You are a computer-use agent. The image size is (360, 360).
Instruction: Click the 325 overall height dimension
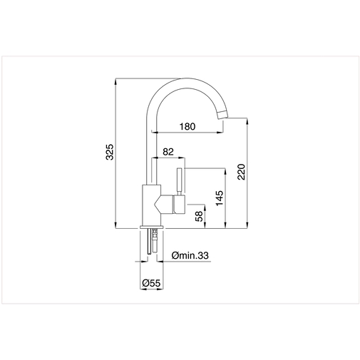(110, 152)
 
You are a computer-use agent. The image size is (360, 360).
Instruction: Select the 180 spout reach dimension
(187, 126)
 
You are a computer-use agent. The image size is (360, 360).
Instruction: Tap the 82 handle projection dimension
(168, 152)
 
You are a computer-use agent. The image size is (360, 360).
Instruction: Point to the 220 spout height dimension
(241, 172)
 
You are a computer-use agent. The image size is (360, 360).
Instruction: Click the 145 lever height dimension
(220, 197)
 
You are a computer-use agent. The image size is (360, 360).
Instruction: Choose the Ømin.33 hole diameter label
(190, 255)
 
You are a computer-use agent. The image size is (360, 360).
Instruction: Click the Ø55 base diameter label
(151, 283)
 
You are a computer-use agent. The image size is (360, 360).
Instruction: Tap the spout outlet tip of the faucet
(222, 114)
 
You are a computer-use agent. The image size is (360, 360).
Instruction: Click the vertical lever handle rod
(180, 180)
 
